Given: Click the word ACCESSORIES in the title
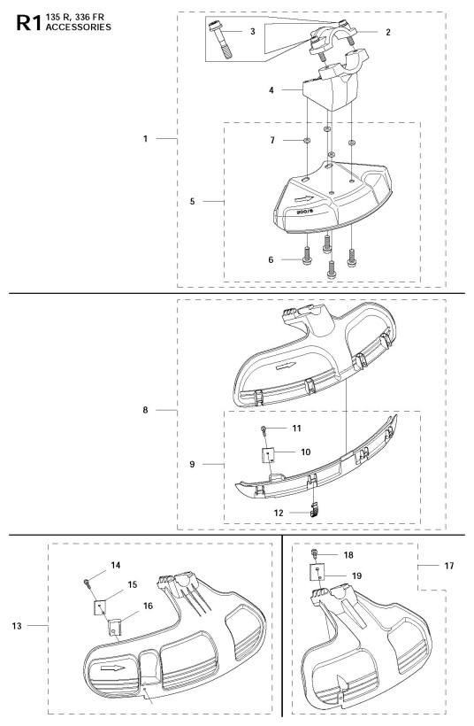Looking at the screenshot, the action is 78,27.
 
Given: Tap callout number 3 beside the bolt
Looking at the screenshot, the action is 253,32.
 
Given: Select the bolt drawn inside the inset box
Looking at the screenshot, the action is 219,38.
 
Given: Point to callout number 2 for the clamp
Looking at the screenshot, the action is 388,32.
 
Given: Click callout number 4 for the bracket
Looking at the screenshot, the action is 271,89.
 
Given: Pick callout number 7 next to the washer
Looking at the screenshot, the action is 272,140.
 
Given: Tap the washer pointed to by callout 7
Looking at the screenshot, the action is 307,140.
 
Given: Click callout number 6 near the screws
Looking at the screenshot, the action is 271,259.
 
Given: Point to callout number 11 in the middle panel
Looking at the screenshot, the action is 296,429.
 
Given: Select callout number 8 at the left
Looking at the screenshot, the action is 145,410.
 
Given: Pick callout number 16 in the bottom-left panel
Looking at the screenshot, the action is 148,606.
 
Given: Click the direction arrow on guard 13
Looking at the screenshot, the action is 112,668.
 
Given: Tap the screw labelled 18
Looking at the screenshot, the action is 315,552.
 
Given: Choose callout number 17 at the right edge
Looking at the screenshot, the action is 449,566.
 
